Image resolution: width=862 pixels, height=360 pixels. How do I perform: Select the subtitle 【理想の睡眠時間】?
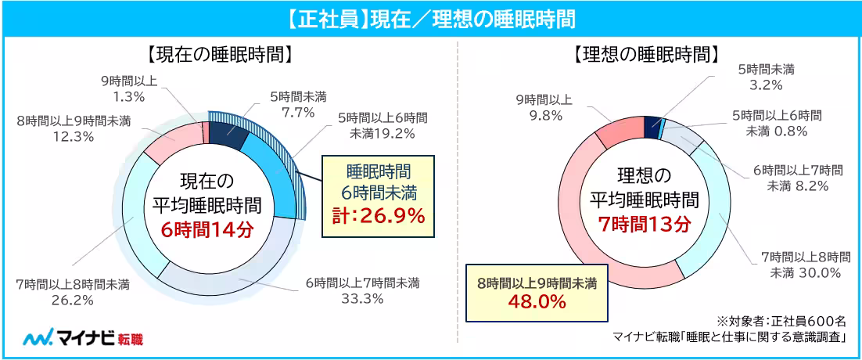click(x=645, y=56)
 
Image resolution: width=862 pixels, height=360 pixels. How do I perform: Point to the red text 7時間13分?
click(x=644, y=225)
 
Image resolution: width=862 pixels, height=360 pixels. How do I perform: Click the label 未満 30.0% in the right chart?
click(x=805, y=272)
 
